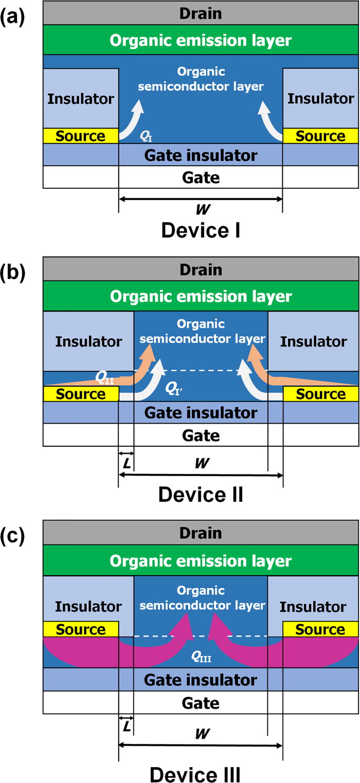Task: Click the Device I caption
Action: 201,230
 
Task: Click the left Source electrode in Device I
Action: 80,136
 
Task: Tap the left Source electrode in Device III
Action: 80,629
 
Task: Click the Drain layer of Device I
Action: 201,13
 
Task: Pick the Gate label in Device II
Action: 201,435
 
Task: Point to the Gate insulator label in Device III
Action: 201,680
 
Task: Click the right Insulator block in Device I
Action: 320,98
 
